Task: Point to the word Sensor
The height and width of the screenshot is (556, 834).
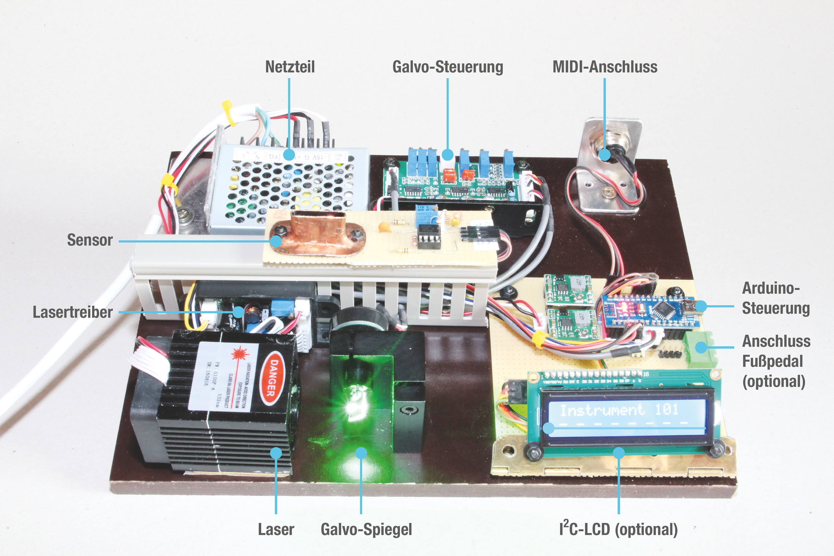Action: pos(90,240)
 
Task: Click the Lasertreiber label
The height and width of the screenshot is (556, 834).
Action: pos(73,312)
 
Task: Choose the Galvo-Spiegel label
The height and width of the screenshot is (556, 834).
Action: pos(366,529)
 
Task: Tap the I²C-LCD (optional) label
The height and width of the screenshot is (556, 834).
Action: pos(619,529)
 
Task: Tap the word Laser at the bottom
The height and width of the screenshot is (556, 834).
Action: pos(276,529)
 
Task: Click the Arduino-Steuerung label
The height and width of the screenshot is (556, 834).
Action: pos(775,298)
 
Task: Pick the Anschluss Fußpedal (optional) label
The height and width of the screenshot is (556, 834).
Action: pos(776,361)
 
